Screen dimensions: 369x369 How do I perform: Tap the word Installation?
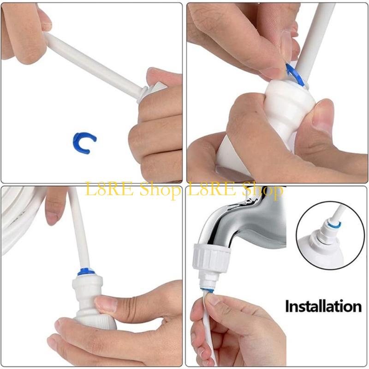pyautogui.click(x=323, y=305)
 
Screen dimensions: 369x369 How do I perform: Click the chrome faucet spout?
pyautogui.click(x=240, y=217)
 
